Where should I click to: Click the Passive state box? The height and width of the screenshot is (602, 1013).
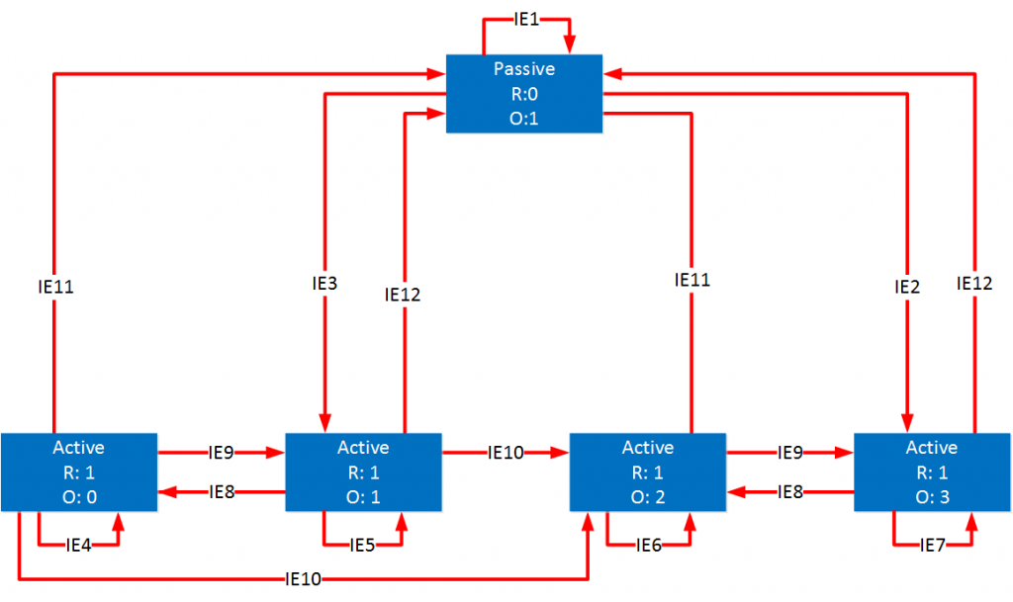coord(523,93)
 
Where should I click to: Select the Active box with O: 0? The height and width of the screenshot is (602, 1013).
coord(79,472)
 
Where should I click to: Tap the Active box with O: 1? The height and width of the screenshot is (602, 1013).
coord(363,472)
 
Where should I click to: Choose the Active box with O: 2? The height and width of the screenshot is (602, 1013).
coord(647,472)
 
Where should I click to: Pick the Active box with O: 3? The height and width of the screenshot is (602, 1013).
coord(931,472)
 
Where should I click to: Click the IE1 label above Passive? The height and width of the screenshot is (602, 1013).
coord(526,19)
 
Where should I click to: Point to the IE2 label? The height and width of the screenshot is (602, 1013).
coord(907,288)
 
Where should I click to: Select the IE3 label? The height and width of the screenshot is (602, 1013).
coord(325,283)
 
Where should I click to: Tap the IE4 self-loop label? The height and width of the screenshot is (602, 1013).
coord(79,544)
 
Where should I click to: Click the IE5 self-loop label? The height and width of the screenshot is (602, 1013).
coord(363,544)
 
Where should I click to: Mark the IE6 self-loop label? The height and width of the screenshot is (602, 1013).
coord(647,544)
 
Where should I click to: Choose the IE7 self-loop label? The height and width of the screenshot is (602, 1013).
coord(931,544)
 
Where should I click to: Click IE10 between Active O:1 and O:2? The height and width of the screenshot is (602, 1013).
coord(506,454)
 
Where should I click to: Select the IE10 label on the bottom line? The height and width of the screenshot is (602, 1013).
coord(302,578)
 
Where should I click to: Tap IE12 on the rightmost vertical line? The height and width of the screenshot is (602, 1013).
coord(976,284)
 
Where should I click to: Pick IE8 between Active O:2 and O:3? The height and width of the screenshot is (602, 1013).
coord(790,491)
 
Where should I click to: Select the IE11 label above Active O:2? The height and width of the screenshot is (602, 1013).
coord(692,280)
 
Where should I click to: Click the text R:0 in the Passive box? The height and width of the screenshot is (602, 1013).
coord(523,93)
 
